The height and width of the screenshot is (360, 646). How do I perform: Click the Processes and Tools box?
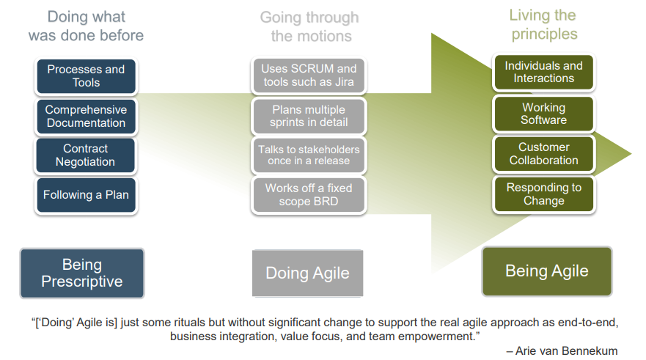coord(86,76)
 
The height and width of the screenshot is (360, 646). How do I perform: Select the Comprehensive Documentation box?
coord(86,117)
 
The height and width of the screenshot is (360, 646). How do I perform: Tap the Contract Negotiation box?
coord(86,155)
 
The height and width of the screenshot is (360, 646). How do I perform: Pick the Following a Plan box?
coord(86,195)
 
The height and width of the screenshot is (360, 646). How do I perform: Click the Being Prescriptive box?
coord(82,273)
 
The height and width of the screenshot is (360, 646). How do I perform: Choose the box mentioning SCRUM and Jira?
coord(309,76)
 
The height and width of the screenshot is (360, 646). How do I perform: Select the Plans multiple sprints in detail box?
coord(309,116)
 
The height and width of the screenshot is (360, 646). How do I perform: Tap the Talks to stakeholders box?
coord(309,155)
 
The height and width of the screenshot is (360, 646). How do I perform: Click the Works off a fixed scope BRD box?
coord(309,194)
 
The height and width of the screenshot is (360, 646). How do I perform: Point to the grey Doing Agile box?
coord(307,273)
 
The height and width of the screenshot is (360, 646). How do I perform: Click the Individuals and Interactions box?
coord(543,72)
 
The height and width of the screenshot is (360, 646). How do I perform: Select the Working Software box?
coord(543,114)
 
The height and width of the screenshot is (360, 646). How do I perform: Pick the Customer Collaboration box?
coord(543,154)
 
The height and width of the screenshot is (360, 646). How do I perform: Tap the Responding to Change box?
coord(543,194)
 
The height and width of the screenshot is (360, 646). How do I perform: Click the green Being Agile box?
coord(546,271)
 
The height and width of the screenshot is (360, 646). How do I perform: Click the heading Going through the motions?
coord(310,26)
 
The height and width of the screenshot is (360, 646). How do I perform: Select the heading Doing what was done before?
coord(86,26)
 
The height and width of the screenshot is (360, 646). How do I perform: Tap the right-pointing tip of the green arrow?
coord(629,154)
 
